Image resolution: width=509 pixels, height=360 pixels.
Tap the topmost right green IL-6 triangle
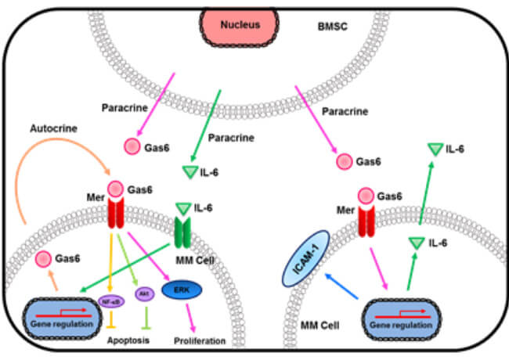[x=435, y=147]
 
